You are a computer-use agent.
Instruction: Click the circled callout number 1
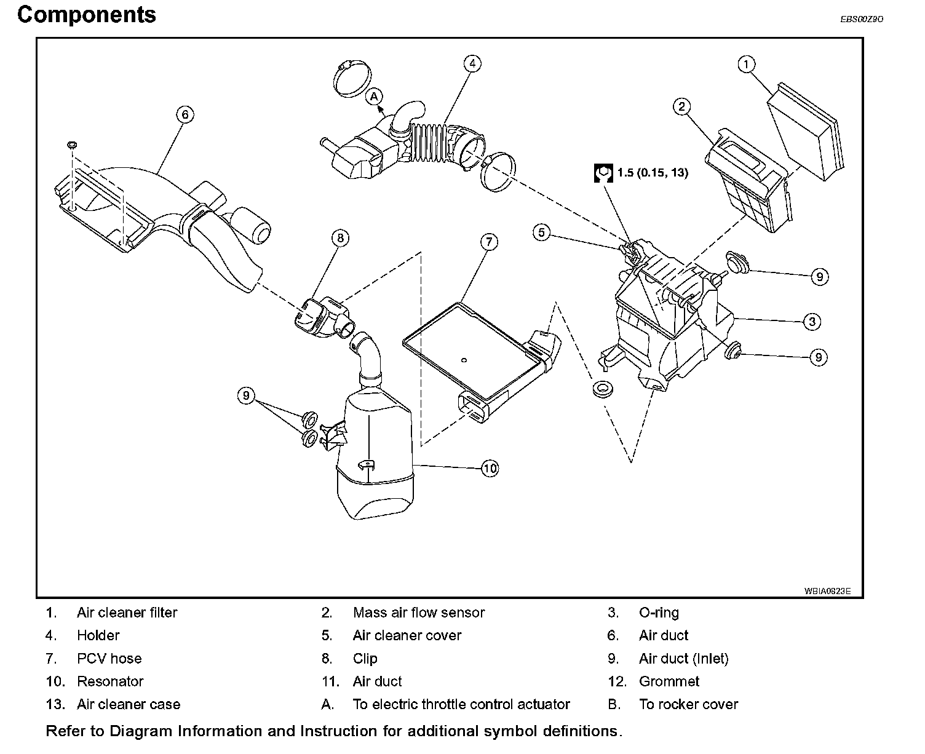(x=746, y=65)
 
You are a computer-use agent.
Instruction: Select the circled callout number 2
(x=681, y=107)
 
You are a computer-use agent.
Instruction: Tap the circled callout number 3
(x=812, y=322)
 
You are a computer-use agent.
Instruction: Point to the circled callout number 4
(x=472, y=64)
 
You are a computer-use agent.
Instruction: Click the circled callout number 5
(x=541, y=232)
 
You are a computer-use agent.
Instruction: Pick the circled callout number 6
(x=185, y=114)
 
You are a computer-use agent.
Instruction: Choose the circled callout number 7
(x=489, y=242)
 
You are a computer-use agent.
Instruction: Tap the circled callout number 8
(x=340, y=237)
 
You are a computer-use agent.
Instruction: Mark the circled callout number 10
(x=490, y=468)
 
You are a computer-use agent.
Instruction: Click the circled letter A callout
(x=374, y=97)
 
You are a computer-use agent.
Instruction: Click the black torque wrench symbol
(x=603, y=173)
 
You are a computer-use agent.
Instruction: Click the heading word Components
(x=87, y=15)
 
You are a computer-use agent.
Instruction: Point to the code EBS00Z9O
(x=862, y=19)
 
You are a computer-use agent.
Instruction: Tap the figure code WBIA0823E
(x=827, y=590)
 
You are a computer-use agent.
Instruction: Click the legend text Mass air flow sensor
(x=419, y=613)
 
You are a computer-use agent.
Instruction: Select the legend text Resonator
(x=110, y=681)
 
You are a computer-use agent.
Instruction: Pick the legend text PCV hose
(x=109, y=658)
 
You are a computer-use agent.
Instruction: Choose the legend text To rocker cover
(x=688, y=704)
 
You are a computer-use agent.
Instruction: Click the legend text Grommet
(x=669, y=681)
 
